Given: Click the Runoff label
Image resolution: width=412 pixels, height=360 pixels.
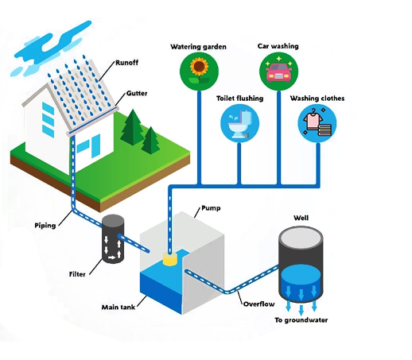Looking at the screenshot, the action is pos(126,63).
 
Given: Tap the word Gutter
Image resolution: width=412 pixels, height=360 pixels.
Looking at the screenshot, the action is pos(137,93).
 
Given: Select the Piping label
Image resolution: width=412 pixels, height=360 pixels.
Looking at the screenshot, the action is pos(45,226).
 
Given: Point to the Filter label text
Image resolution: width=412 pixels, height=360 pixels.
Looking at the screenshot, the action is pos(77,274).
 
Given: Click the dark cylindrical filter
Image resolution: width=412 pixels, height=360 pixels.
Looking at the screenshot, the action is pos(113,239).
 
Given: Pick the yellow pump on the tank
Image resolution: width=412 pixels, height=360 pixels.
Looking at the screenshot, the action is pos(169,259).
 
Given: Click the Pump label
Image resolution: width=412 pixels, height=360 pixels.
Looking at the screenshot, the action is pos(211,208).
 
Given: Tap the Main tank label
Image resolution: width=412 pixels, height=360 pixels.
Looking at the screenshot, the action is pos(119,307).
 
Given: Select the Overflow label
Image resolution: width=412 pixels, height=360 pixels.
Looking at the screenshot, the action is pos(258,304).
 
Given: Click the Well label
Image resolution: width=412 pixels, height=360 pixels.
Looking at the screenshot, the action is pos(301,218).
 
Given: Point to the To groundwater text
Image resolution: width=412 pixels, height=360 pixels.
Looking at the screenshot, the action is pos(301,320).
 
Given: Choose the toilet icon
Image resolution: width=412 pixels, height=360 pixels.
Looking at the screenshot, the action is pos(239,123).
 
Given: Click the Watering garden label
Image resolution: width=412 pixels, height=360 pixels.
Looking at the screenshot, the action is pos(198,47).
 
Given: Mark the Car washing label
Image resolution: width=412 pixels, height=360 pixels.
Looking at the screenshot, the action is pos(278,46).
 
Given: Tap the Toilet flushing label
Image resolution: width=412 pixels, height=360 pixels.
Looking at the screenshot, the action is pos(240,99).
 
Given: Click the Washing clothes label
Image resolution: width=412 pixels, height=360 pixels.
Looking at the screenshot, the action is pos(317,99).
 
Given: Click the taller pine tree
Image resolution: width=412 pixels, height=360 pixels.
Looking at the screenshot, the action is pos(133,128).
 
